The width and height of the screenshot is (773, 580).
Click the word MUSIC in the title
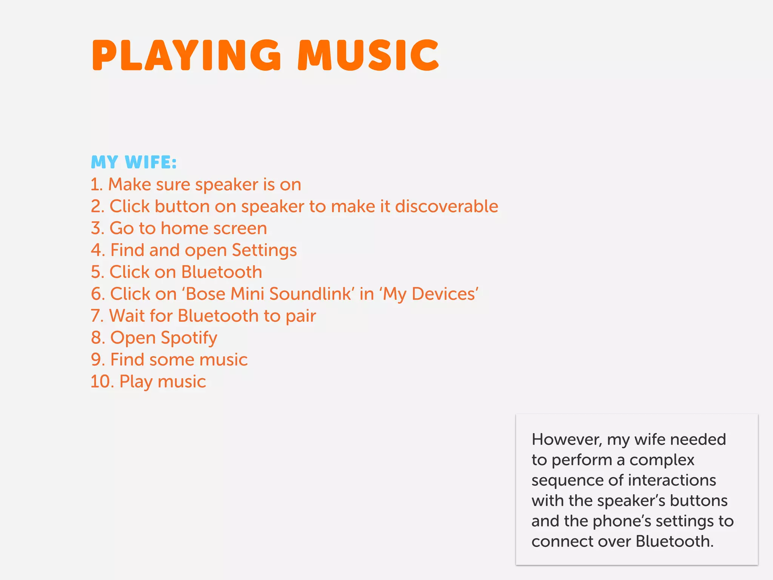tap(368, 56)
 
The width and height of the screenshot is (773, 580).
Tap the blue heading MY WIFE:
tap(134, 162)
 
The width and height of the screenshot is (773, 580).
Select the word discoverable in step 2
tap(447, 207)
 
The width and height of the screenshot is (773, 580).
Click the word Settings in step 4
tap(264, 251)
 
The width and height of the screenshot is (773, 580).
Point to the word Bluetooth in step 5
tap(222, 272)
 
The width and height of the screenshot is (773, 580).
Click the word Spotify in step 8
tap(189, 338)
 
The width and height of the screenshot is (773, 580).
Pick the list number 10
tap(102, 381)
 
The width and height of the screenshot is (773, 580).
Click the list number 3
tap(97, 228)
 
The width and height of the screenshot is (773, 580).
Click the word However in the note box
tap(566, 440)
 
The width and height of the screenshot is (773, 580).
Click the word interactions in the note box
tap(672, 480)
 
